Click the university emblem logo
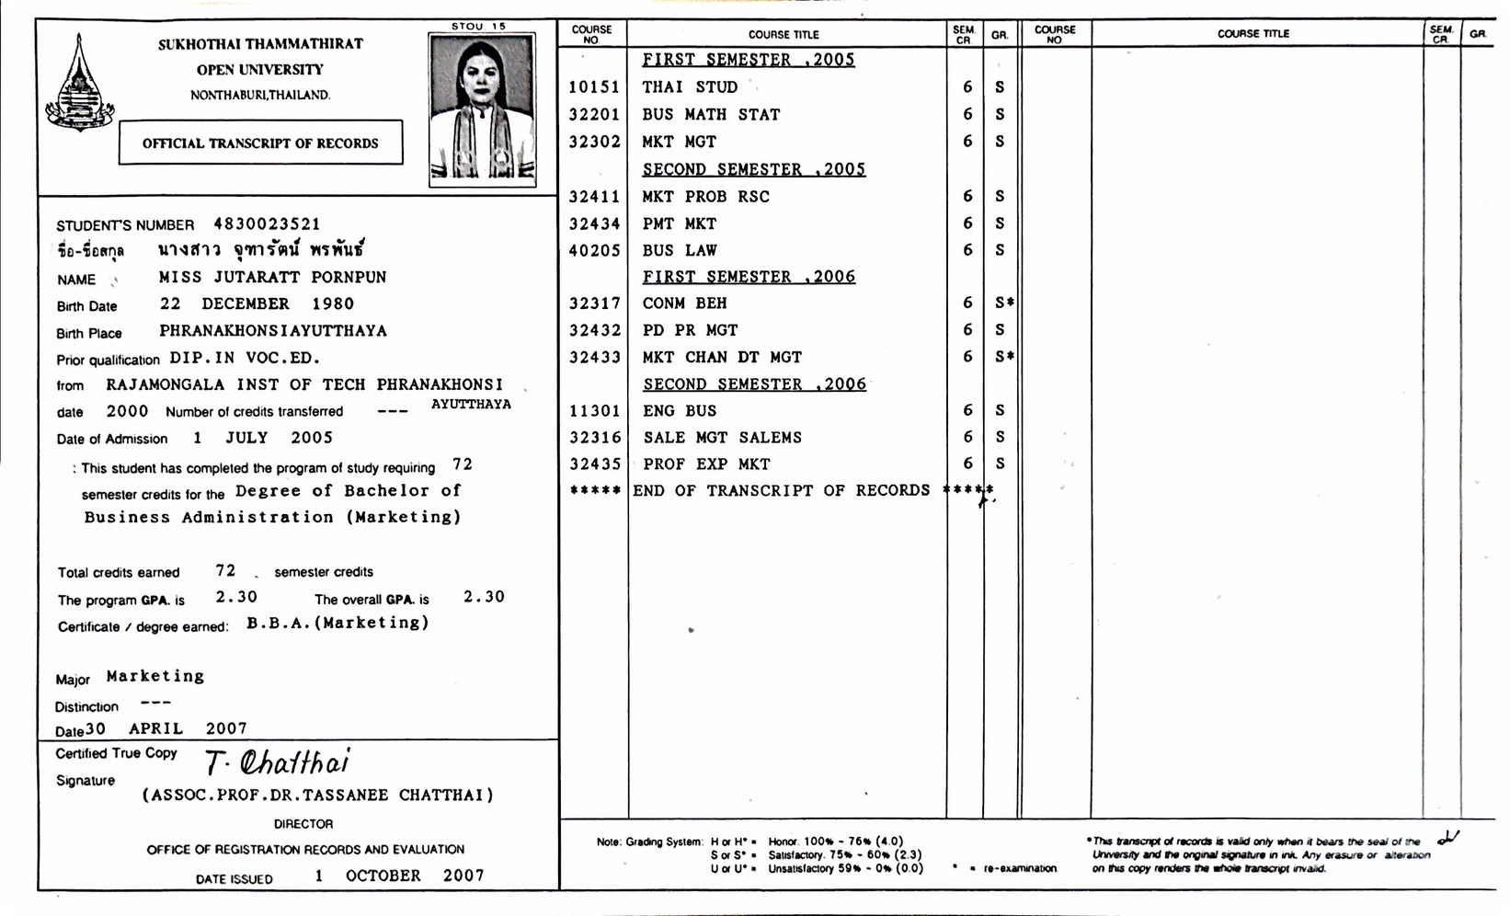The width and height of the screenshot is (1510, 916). (x=80, y=85)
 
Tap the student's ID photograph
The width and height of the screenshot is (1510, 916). (x=482, y=109)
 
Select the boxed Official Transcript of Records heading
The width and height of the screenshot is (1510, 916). (x=260, y=143)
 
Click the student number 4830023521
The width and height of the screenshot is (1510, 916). (x=267, y=223)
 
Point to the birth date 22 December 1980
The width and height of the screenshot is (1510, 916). (x=257, y=303)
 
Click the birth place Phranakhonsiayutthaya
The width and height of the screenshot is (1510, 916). (x=273, y=330)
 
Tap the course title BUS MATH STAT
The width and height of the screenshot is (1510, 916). (x=711, y=115)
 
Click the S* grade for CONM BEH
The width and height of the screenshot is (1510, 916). (x=1004, y=303)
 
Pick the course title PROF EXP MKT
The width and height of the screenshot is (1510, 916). (x=706, y=464)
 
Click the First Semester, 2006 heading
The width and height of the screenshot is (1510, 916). (x=749, y=277)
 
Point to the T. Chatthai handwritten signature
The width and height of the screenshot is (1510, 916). (x=277, y=762)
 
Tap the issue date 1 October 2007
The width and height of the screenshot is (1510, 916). (x=399, y=876)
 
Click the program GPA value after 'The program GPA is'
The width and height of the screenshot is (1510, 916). (x=236, y=597)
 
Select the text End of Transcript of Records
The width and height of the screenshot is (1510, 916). (x=782, y=491)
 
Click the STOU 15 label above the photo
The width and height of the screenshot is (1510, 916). (x=478, y=27)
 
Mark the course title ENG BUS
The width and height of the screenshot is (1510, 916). (x=680, y=411)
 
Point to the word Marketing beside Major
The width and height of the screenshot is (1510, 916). (x=155, y=676)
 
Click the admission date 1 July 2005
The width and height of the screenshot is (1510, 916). (x=263, y=438)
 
